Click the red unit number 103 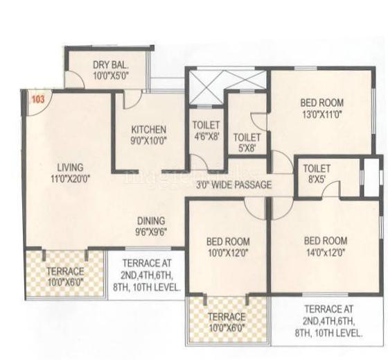37,99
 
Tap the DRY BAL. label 110,65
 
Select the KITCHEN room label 149,129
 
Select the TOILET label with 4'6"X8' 206,126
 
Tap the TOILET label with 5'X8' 247,137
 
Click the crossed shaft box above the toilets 206,88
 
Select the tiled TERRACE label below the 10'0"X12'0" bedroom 227,316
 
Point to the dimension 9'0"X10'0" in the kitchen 149,140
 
